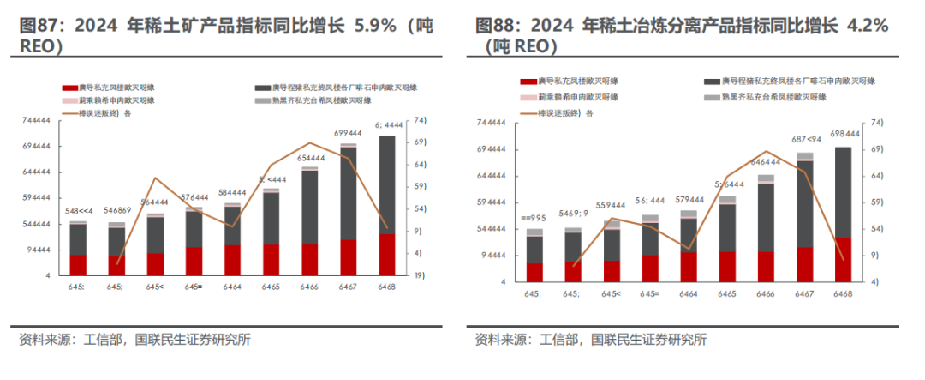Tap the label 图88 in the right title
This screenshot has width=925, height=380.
(494, 27)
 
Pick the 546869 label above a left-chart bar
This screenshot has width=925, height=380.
(117, 211)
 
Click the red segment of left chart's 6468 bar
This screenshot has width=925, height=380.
(387, 254)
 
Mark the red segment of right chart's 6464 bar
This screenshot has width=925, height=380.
(688, 267)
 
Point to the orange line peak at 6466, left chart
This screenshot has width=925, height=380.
(309, 143)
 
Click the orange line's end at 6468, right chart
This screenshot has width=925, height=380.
(842, 259)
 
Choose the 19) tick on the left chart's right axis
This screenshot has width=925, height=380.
(421, 275)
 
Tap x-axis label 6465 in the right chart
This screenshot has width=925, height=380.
(726, 294)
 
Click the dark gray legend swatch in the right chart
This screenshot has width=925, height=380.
(711, 81)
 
